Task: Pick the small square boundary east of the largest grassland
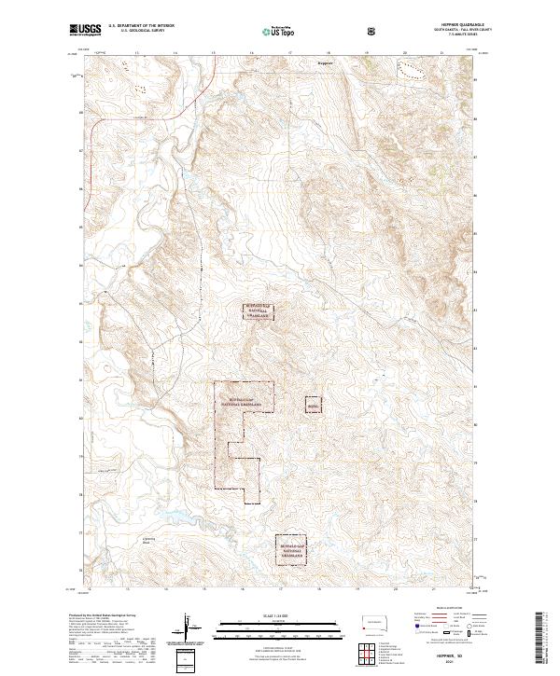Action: [x=313, y=406]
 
